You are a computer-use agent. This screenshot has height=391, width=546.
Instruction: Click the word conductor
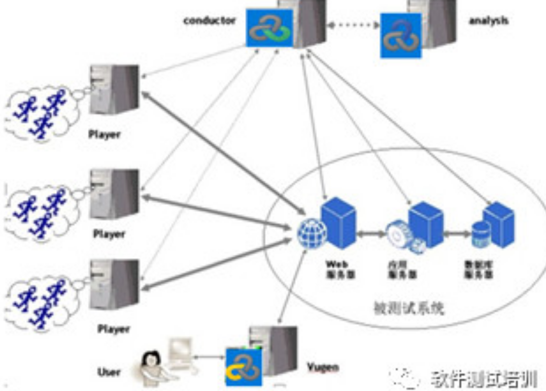pyautogui.click(x=209, y=21)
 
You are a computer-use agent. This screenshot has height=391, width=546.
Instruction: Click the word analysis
pyautogui.click(x=488, y=21)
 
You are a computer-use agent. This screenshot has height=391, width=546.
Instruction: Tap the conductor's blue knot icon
pyautogui.click(x=269, y=28)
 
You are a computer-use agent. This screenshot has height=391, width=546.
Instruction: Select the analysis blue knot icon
pyautogui.click(x=401, y=35)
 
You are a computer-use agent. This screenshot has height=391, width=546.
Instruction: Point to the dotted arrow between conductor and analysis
pyautogui.click(x=353, y=25)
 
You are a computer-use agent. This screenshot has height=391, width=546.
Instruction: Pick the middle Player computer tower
pyautogui.click(x=114, y=194)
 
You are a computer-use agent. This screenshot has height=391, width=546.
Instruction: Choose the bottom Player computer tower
pyautogui.click(x=114, y=285)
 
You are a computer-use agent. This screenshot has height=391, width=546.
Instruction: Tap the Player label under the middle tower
pyautogui.click(x=109, y=234)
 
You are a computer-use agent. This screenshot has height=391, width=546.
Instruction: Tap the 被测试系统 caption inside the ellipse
pyautogui.click(x=409, y=308)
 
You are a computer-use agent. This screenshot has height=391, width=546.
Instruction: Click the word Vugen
pyautogui.click(x=323, y=367)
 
